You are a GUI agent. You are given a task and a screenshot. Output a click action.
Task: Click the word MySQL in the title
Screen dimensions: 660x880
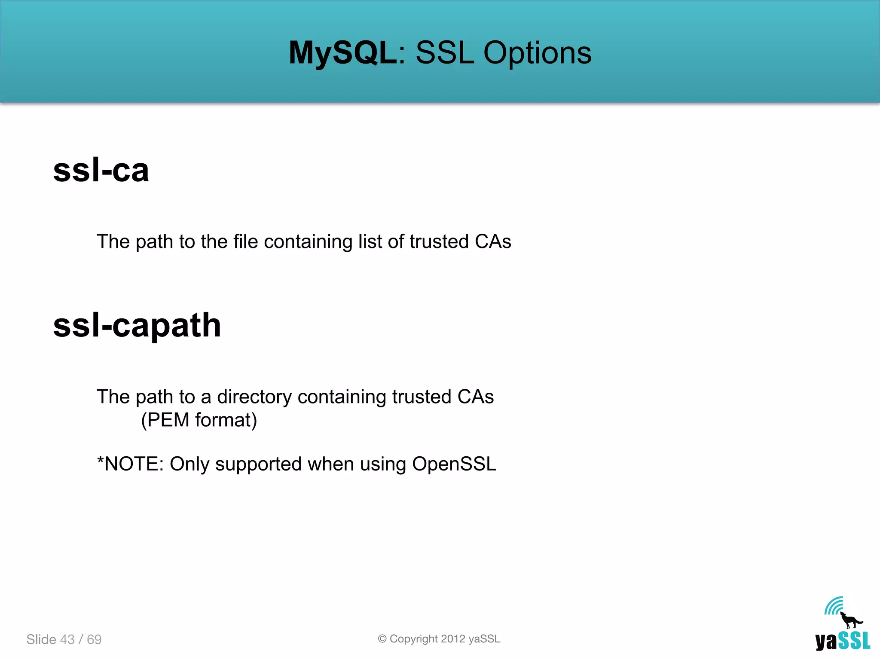tap(342, 53)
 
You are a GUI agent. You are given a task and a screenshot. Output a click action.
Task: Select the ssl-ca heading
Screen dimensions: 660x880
tap(101, 170)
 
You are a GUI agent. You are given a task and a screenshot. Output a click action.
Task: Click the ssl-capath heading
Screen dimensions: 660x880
tap(137, 325)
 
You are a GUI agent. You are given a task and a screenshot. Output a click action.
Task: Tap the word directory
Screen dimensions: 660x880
tap(254, 397)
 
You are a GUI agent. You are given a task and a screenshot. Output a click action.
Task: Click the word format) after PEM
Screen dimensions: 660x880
tap(226, 420)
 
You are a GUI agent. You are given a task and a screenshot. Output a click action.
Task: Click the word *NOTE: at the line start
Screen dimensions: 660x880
tap(130, 464)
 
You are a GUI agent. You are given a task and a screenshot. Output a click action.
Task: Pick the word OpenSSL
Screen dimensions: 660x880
tap(454, 464)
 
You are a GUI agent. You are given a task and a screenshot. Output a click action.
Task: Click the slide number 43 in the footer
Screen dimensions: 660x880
tap(67, 639)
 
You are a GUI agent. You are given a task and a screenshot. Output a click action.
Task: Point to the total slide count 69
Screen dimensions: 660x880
tap(94, 639)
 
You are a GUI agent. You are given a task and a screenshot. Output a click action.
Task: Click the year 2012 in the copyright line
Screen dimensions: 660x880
tap(453, 639)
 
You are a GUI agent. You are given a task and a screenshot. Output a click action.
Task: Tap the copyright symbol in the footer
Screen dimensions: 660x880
tap(382, 639)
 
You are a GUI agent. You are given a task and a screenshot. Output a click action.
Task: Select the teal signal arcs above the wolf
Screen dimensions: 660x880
tap(834, 605)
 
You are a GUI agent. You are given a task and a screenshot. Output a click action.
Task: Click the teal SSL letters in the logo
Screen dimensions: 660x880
tap(854, 641)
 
